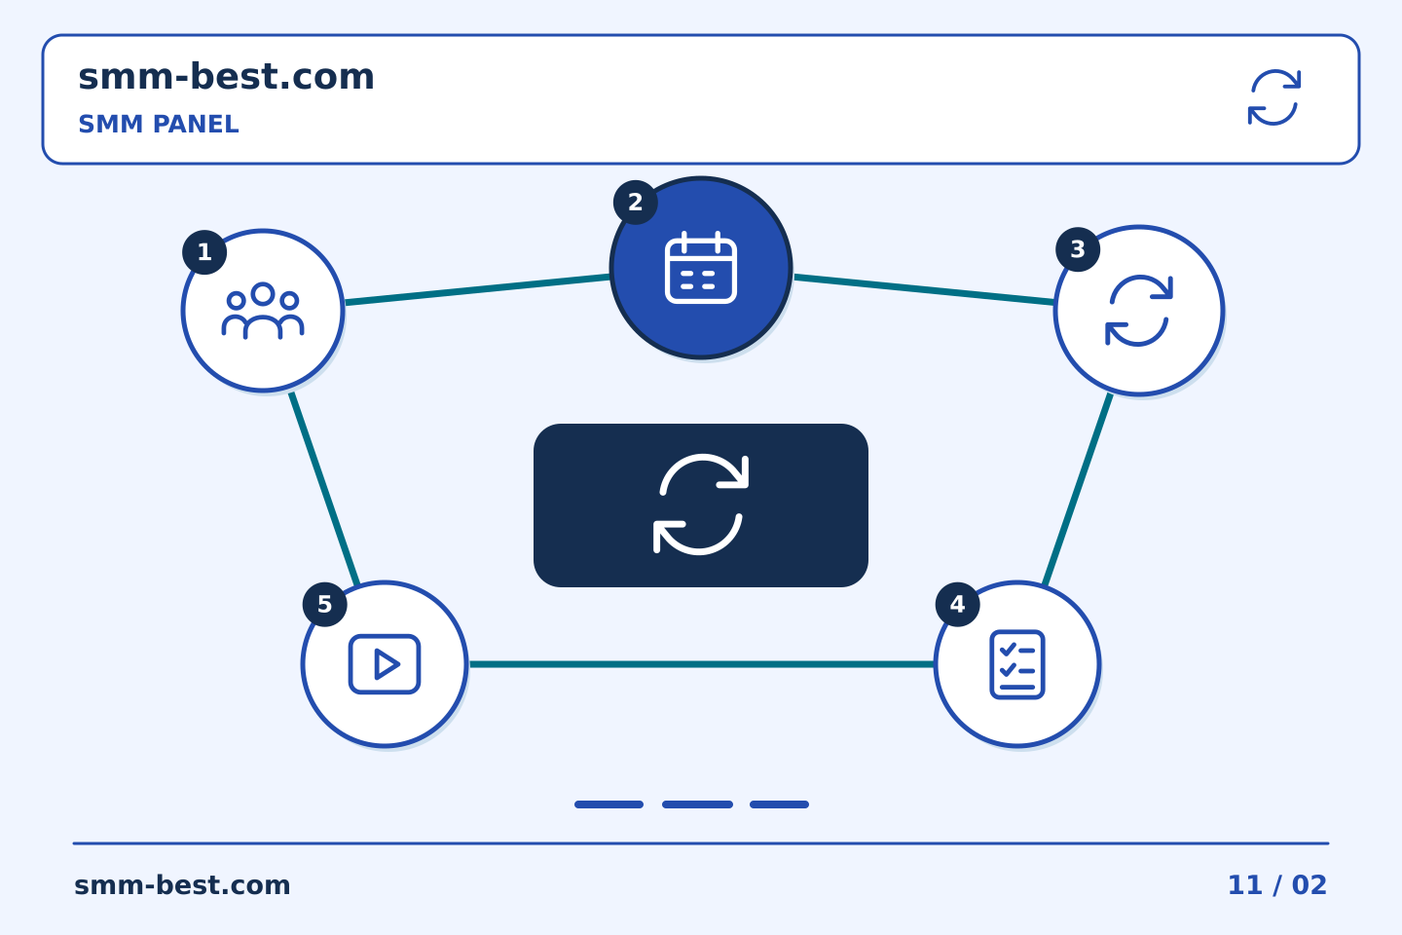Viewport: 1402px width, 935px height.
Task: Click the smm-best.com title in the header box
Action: [226, 77]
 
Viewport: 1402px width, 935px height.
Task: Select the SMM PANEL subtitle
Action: [159, 124]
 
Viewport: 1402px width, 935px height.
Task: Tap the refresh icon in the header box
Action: [1274, 97]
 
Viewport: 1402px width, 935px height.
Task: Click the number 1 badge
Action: [204, 252]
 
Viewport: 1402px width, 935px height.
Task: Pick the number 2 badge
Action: [635, 203]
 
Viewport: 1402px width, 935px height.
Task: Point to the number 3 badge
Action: [1078, 249]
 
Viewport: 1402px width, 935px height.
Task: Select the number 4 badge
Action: [958, 604]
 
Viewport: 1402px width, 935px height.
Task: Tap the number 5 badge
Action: [325, 604]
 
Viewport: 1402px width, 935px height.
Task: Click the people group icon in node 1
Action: [263, 311]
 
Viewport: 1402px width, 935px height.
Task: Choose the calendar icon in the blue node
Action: [701, 268]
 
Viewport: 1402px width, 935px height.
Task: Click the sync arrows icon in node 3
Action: [1139, 311]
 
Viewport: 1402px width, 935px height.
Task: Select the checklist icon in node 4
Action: [1017, 664]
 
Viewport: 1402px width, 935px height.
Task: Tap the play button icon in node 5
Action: [385, 664]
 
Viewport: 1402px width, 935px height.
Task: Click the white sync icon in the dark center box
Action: [701, 505]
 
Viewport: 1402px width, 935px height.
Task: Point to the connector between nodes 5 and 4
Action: [701, 664]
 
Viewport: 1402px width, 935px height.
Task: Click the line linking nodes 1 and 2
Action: [477, 289]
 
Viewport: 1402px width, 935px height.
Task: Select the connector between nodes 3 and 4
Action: [1078, 489]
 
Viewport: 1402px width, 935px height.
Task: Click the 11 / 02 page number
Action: [1276, 885]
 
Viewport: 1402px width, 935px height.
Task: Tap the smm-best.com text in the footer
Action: [182, 885]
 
